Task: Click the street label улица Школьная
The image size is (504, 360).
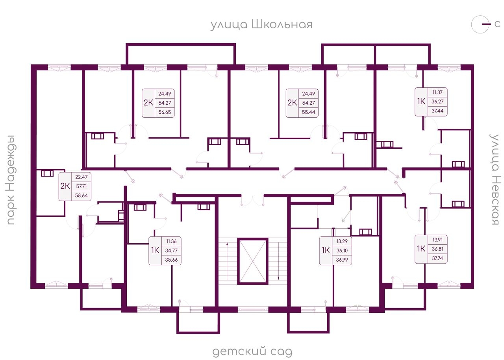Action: (261, 25)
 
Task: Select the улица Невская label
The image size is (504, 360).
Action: (494, 179)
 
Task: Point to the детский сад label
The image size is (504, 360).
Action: (252, 351)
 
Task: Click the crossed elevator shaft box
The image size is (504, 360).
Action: (253, 261)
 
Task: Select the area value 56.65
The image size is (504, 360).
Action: (165, 112)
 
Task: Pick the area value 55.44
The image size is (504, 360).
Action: (308, 112)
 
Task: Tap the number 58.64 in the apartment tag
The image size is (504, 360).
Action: (82, 196)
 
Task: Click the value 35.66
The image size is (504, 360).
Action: (171, 260)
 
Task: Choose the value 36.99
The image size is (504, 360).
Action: (342, 260)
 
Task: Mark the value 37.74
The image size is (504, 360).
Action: (437, 258)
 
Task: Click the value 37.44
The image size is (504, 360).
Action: (437, 111)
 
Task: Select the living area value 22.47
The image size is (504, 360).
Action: (82, 177)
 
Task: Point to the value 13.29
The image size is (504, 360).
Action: (342, 241)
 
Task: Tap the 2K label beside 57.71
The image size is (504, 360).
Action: (65, 186)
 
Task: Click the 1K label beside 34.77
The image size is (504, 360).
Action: (155, 250)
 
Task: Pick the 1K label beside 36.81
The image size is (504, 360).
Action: (421, 249)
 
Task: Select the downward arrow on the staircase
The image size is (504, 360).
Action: (278, 261)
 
